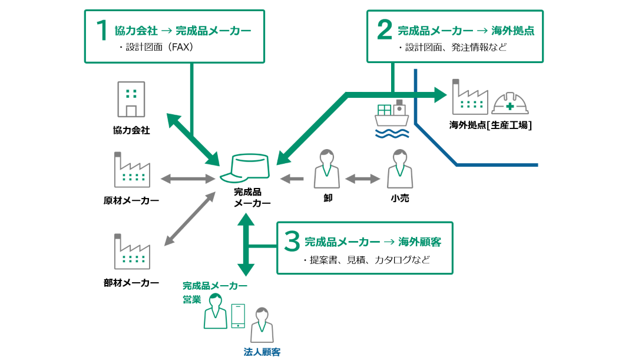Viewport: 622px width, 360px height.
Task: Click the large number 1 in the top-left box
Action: [102, 31]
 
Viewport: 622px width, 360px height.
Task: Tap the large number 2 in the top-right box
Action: [385, 31]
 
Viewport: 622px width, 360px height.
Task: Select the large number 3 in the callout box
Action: [292, 242]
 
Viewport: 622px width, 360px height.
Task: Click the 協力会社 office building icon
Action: [131, 100]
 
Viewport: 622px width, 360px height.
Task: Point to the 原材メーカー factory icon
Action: [132, 170]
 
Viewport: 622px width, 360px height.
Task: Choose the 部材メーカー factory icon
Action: [132, 252]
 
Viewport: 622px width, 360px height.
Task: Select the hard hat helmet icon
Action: [510, 104]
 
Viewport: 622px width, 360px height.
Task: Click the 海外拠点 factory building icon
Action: [470, 97]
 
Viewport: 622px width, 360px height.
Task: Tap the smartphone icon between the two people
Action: [238, 316]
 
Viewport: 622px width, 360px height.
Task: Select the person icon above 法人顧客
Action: [262, 325]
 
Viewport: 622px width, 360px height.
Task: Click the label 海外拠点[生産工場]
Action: [491, 125]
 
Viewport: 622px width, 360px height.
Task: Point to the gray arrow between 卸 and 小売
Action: [363, 178]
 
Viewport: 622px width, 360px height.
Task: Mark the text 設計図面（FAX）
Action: [156, 48]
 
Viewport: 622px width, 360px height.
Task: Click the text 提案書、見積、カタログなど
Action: [365, 260]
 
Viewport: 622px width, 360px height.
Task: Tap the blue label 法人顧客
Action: [262, 352]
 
